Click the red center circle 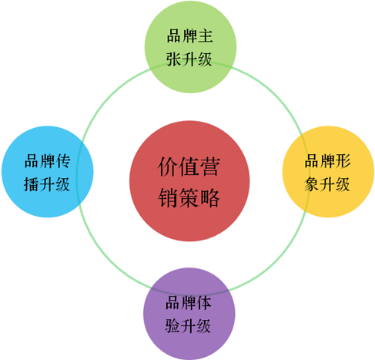189,181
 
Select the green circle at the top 190,47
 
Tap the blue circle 48,172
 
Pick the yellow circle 328,172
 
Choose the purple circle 189,314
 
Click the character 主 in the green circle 206,35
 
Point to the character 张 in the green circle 174,59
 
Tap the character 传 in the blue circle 63,161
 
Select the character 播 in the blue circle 32,184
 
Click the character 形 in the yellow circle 343,161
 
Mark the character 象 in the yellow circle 313,184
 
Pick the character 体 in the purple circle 204,303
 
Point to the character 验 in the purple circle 173,326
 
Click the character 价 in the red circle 168,167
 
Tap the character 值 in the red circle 189,167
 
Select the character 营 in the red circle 210,167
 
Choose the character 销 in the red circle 168,197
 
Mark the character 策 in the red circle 189,197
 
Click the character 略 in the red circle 210,197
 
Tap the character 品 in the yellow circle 313,161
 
